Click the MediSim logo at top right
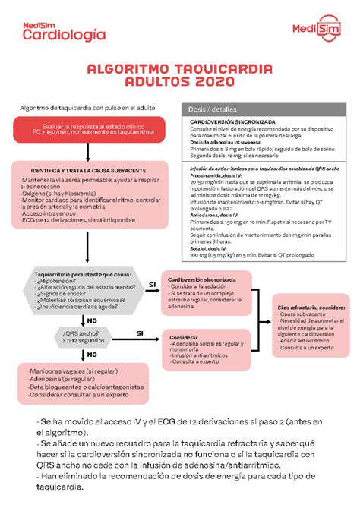pos(314,29)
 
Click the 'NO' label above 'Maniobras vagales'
pos(92,354)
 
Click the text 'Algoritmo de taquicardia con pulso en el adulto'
pos(87,109)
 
